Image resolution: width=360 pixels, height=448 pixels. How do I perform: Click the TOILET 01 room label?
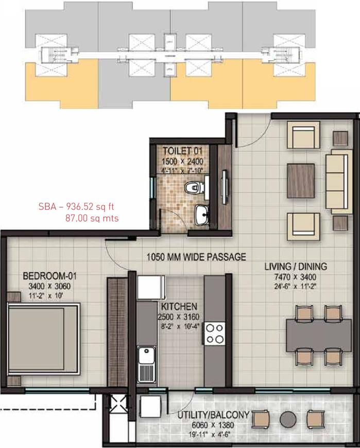pos(183,151)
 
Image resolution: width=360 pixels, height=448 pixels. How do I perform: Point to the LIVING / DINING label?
pos(296,267)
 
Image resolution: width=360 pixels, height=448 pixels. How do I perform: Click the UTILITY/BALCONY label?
pos(214,415)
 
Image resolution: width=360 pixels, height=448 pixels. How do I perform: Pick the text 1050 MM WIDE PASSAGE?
pos(196,256)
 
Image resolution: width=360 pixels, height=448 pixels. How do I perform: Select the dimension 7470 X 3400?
pos(296,277)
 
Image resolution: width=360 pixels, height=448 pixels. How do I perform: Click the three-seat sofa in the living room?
pos(338,181)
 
